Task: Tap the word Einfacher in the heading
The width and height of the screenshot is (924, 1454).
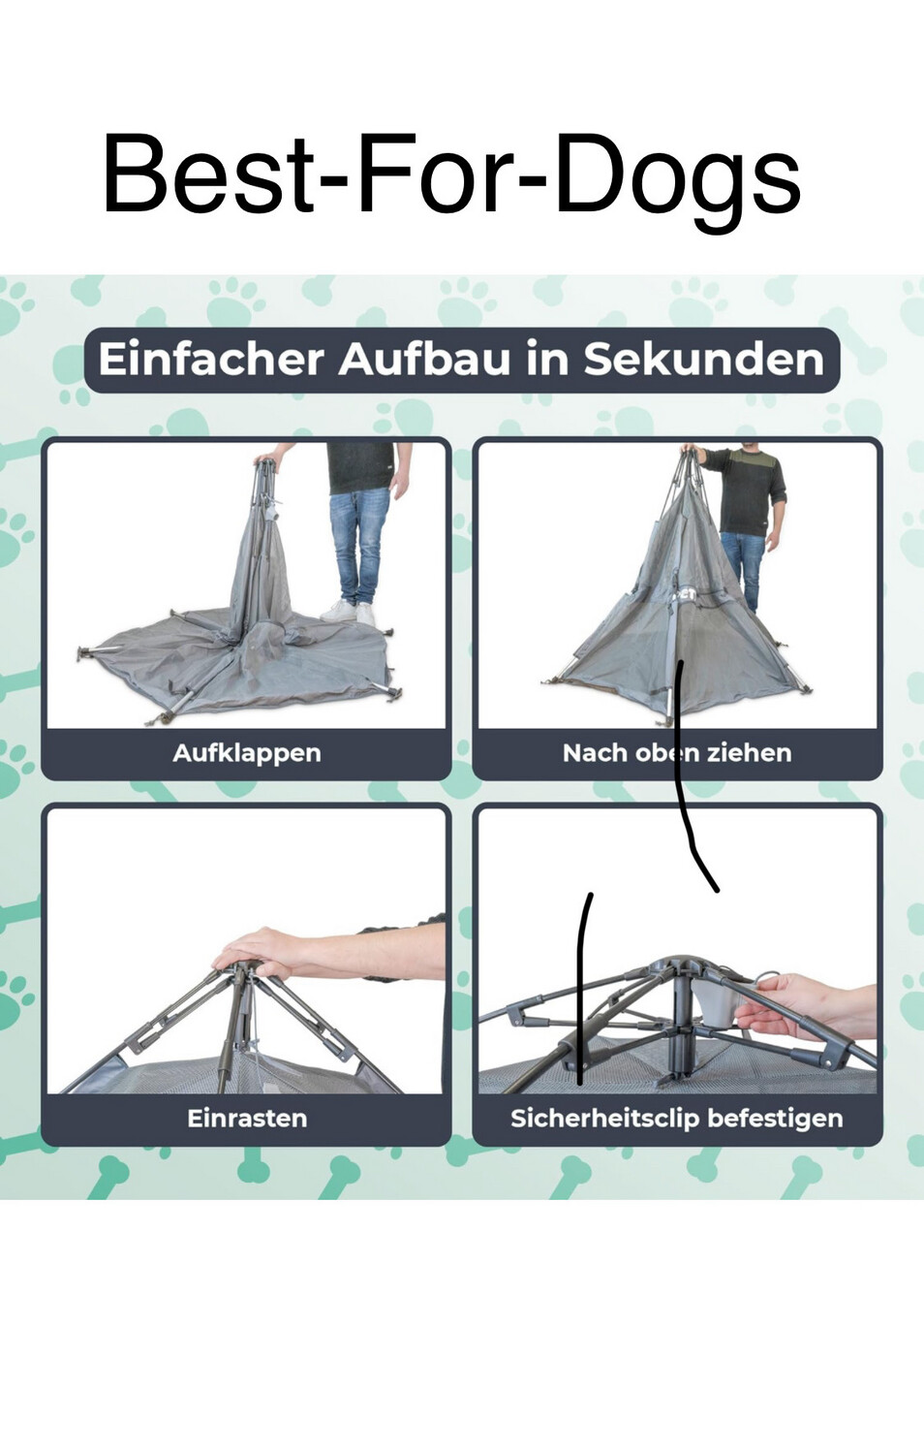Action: (211, 360)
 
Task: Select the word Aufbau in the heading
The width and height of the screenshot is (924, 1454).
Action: (424, 360)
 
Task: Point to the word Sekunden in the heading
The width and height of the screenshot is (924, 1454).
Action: (703, 360)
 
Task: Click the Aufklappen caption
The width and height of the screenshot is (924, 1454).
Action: (247, 753)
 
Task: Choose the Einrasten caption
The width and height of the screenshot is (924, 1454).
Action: (247, 1118)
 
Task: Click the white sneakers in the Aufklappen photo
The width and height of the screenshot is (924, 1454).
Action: (348, 612)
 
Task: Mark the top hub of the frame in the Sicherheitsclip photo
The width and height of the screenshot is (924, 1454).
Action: (679, 967)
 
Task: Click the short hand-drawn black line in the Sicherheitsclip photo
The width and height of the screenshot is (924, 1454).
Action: (583, 988)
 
